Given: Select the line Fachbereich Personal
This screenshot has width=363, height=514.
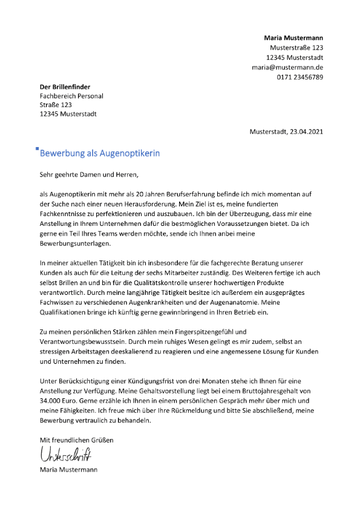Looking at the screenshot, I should [71, 96].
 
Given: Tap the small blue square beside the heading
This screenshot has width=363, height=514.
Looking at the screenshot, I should [38, 148].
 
